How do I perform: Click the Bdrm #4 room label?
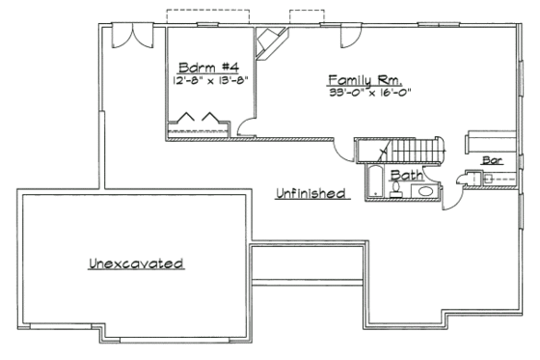tap(202, 68)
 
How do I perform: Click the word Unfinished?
tap(310, 193)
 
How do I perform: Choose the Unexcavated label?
tap(136, 263)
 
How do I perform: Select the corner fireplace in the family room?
tap(270, 42)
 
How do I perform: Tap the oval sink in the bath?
tap(424, 192)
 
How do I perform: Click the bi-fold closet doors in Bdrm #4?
tap(198, 123)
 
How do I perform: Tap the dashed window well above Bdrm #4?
tap(208, 17)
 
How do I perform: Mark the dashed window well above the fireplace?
tap(306, 17)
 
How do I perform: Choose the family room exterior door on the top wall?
tap(352, 36)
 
